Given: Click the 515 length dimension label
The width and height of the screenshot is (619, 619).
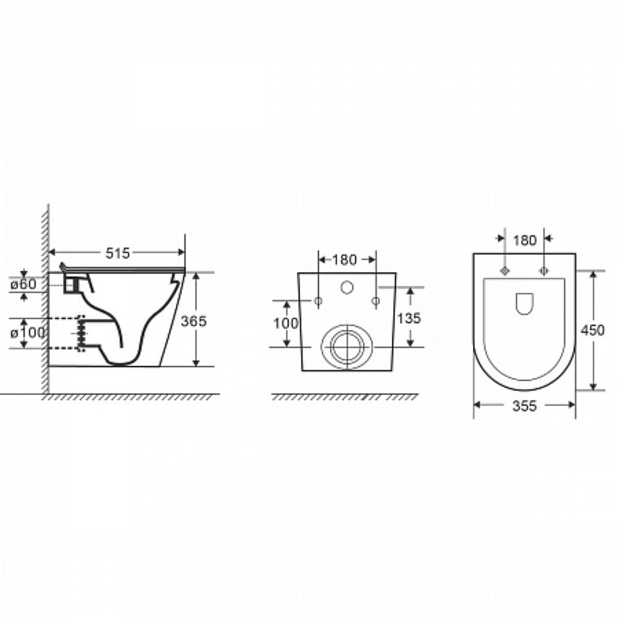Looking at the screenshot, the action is click(117, 253).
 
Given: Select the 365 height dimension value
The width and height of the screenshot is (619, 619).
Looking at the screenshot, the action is click(193, 321).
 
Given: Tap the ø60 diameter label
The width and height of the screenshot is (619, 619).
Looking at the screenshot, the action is click(24, 284).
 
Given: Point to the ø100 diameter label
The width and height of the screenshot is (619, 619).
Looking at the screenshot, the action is click(28, 333).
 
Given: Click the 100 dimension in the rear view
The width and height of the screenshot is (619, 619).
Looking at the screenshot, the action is click(286, 323).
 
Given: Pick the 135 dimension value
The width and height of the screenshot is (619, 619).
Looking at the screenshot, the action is click(409, 318).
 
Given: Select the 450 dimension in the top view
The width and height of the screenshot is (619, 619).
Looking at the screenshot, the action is click(592, 330).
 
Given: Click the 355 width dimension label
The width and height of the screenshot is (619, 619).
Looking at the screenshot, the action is click(524, 405).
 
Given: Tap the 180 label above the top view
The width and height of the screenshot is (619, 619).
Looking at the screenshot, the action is click(525, 240).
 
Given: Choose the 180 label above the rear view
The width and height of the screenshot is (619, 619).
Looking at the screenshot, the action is click(344, 260).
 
